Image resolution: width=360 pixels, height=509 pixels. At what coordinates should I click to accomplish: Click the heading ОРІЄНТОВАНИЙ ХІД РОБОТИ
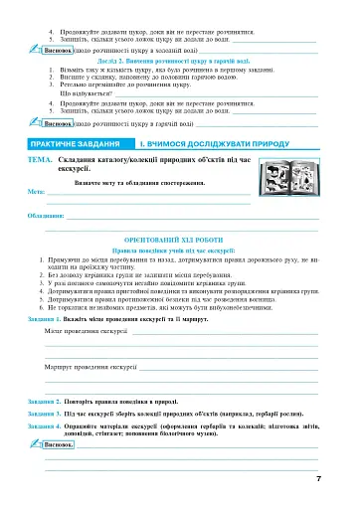point(178,242)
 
